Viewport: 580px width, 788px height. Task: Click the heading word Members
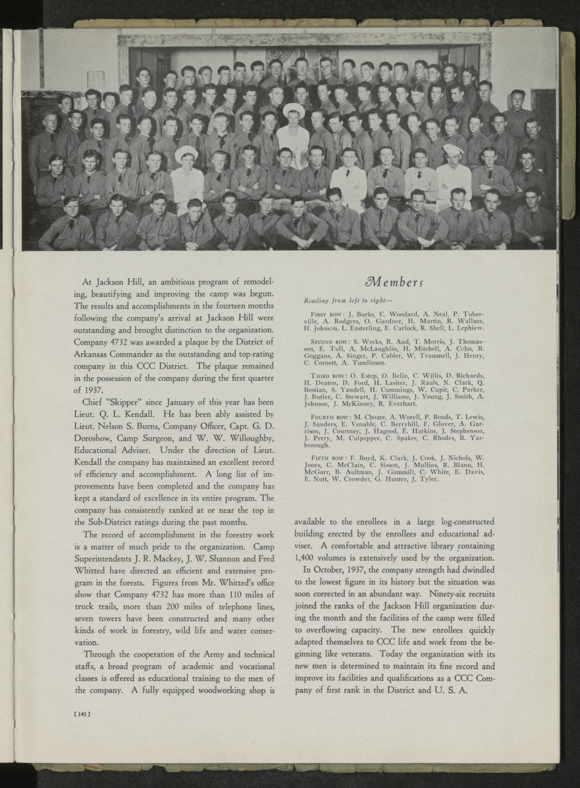tap(394, 282)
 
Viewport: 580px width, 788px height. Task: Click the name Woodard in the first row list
tap(388, 315)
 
